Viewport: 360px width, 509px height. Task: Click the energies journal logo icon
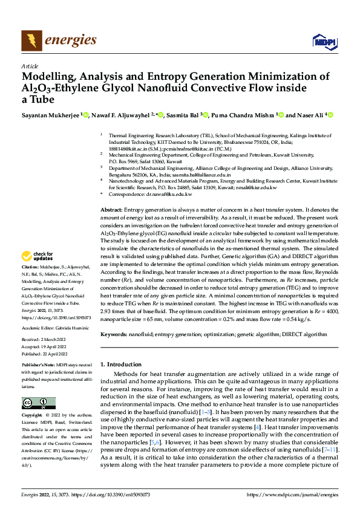[x=28, y=41]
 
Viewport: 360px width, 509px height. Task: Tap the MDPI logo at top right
[x=324, y=41]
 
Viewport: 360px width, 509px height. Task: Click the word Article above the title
[x=30, y=66]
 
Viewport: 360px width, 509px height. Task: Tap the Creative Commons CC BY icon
[x=38, y=403]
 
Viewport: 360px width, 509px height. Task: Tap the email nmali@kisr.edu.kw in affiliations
[x=255, y=187]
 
